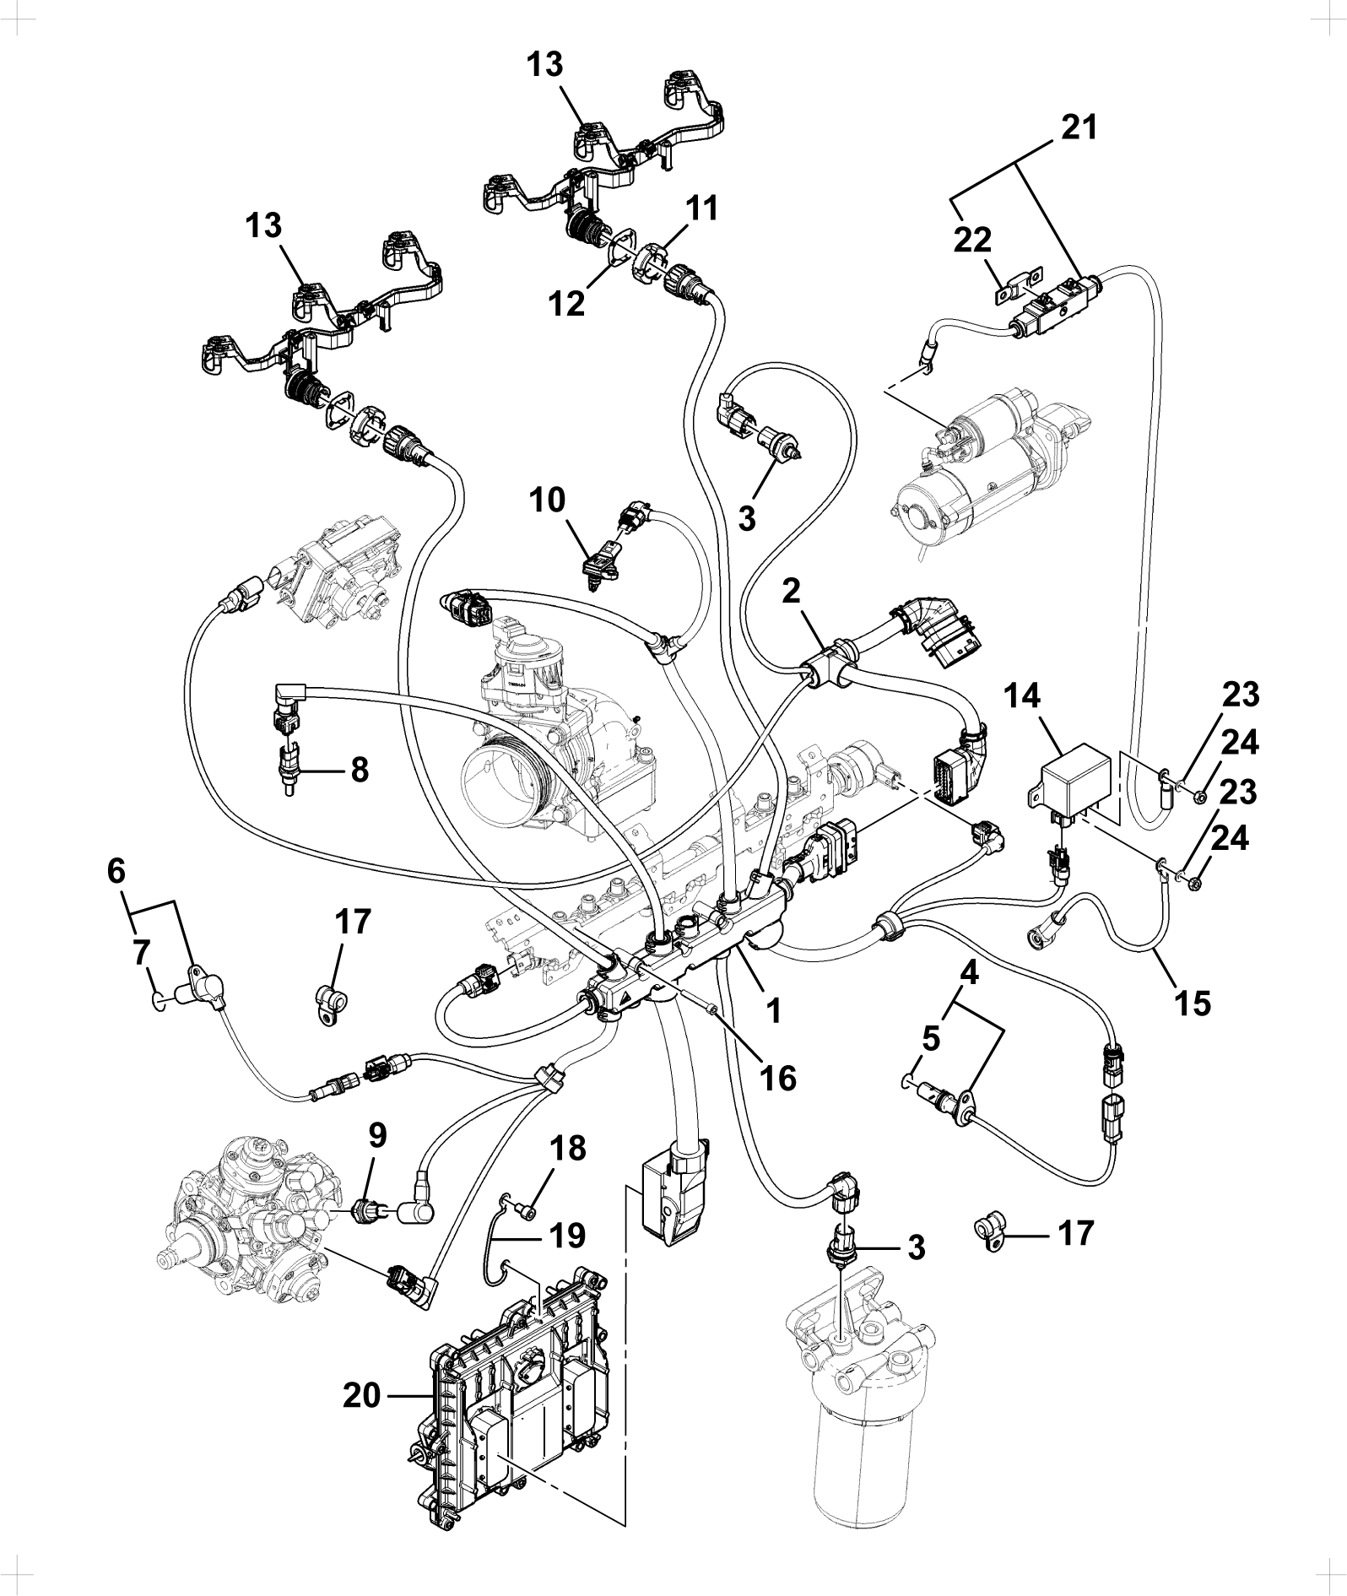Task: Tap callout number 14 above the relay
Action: pyautogui.click(x=1022, y=698)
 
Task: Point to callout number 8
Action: pyautogui.click(x=359, y=770)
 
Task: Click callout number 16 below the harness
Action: pyautogui.click(x=777, y=1078)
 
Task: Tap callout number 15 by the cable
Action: pyautogui.click(x=1192, y=1002)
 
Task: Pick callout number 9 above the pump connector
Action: pyautogui.click(x=377, y=1136)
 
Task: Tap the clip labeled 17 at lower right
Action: pyautogui.click(x=987, y=1233)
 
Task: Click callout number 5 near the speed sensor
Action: pyautogui.click(x=930, y=1039)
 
